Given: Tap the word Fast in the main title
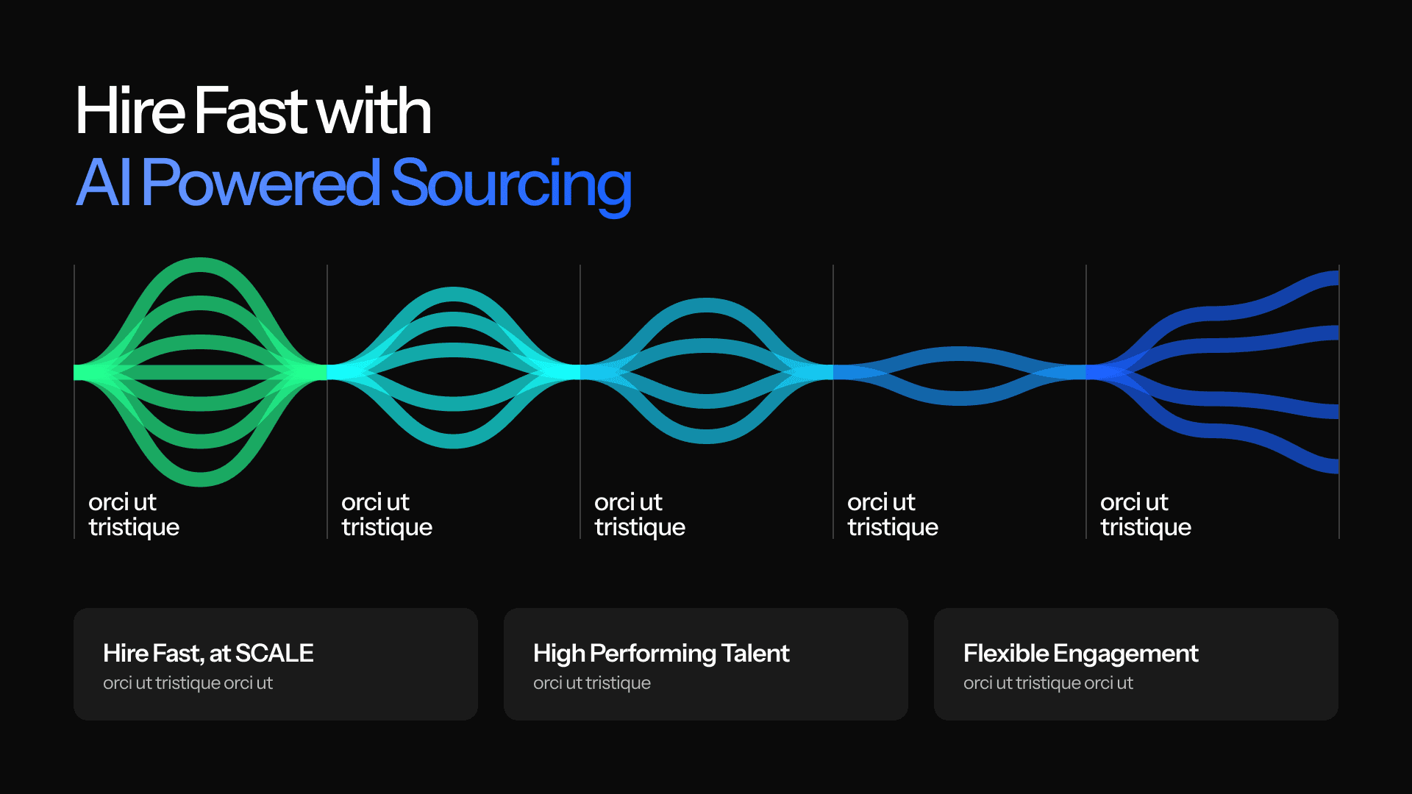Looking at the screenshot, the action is tap(251, 111).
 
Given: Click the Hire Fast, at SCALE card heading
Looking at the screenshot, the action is tap(208, 653).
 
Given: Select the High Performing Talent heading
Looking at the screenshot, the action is tap(661, 653).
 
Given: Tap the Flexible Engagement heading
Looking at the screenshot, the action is tap(1080, 653).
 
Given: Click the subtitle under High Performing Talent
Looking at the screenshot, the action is tap(592, 683).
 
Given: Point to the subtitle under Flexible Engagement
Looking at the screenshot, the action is tap(1048, 683).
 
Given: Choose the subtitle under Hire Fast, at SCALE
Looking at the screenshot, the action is tap(188, 683).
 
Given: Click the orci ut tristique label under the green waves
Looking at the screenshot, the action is tap(134, 515).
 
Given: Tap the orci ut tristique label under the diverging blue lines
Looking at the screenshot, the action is tap(1145, 515).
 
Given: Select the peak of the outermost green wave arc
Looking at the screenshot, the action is tap(200, 264).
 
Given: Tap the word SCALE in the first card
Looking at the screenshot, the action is tap(274, 653).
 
